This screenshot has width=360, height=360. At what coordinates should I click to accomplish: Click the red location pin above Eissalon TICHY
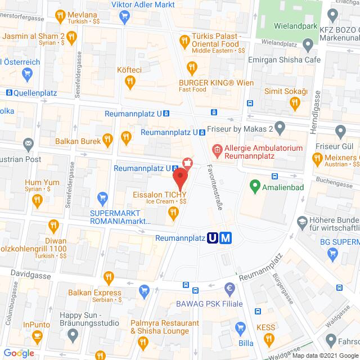179,178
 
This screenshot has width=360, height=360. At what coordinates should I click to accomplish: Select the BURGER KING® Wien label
213,83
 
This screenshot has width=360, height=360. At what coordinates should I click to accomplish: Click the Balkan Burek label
78,141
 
